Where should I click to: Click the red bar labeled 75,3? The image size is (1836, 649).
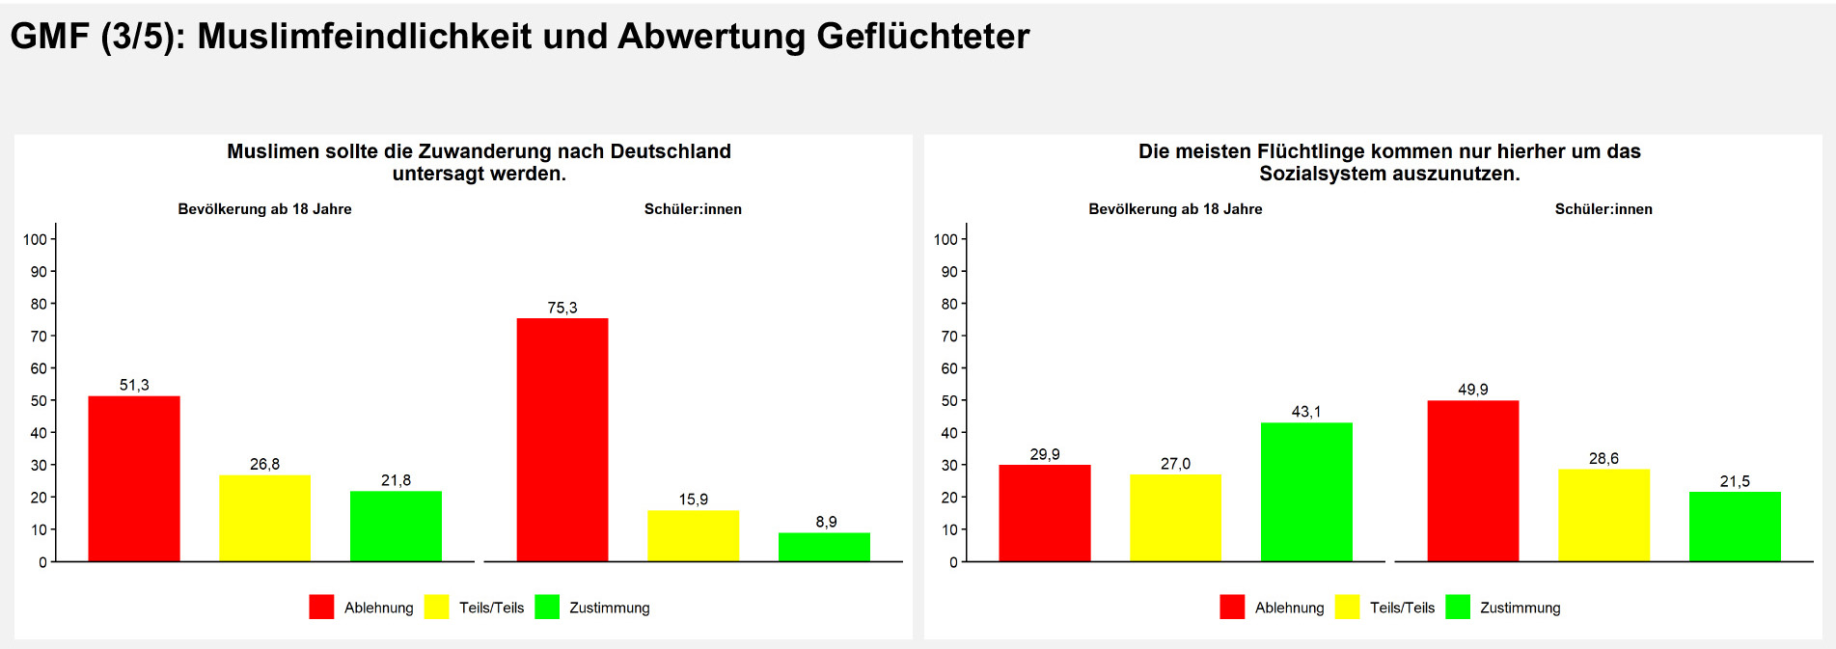click(x=562, y=440)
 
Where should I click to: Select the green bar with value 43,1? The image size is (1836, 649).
click(x=1306, y=492)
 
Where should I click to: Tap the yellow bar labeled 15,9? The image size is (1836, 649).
click(x=693, y=535)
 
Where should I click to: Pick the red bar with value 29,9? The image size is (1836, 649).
click(x=1044, y=513)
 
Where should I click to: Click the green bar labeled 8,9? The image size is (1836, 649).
click(x=824, y=547)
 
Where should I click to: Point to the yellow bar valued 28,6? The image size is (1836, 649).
click(x=1603, y=515)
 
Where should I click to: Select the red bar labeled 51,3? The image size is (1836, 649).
click(x=134, y=478)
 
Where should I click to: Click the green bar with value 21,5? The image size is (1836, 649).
click(x=1735, y=527)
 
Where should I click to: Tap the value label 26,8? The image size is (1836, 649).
click(x=264, y=464)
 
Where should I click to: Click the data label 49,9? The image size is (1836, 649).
click(x=1472, y=390)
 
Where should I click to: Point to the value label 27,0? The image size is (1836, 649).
click(x=1175, y=464)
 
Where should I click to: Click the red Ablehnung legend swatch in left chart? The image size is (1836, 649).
click(x=321, y=607)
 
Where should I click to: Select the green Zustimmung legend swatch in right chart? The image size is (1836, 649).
click(x=1458, y=607)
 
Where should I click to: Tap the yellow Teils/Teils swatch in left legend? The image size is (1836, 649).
click(x=437, y=607)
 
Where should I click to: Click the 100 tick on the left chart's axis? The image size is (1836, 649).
click(x=36, y=239)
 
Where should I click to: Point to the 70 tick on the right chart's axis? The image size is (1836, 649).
click(x=949, y=337)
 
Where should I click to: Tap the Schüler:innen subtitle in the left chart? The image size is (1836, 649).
click(x=693, y=209)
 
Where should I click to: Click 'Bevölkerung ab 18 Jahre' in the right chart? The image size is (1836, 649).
click(x=1175, y=209)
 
